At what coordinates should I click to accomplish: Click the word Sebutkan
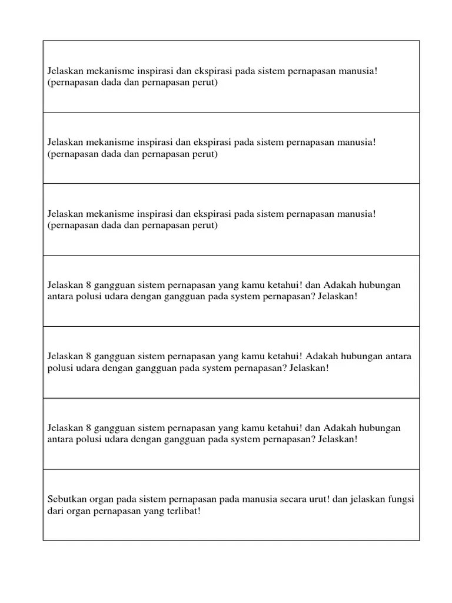(x=66, y=499)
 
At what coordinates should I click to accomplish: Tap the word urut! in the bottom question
(x=317, y=499)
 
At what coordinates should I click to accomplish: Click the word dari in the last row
(x=55, y=511)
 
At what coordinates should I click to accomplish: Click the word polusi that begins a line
(x=59, y=368)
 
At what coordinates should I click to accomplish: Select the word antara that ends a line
(x=398, y=356)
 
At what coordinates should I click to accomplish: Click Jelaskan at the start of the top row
(x=65, y=71)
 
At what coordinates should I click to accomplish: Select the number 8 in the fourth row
(x=89, y=285)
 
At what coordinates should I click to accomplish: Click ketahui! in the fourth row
(x=283, y=285)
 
